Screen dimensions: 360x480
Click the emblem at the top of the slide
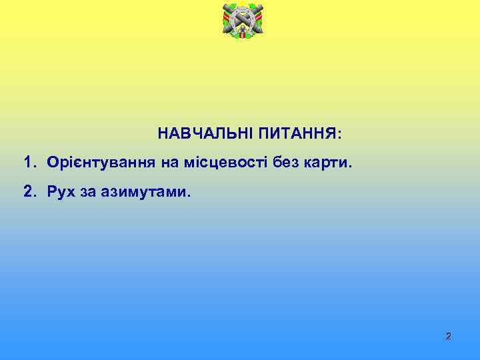[242, 20]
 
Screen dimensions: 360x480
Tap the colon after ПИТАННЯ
[340, 135]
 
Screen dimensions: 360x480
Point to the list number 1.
[29, 163]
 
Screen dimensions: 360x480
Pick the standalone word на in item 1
[167, 163]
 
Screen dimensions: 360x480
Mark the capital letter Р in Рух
[51, 193]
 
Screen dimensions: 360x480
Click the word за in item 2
[90, 193]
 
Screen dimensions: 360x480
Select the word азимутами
[147, 193]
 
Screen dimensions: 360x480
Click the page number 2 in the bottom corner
[448, 336]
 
